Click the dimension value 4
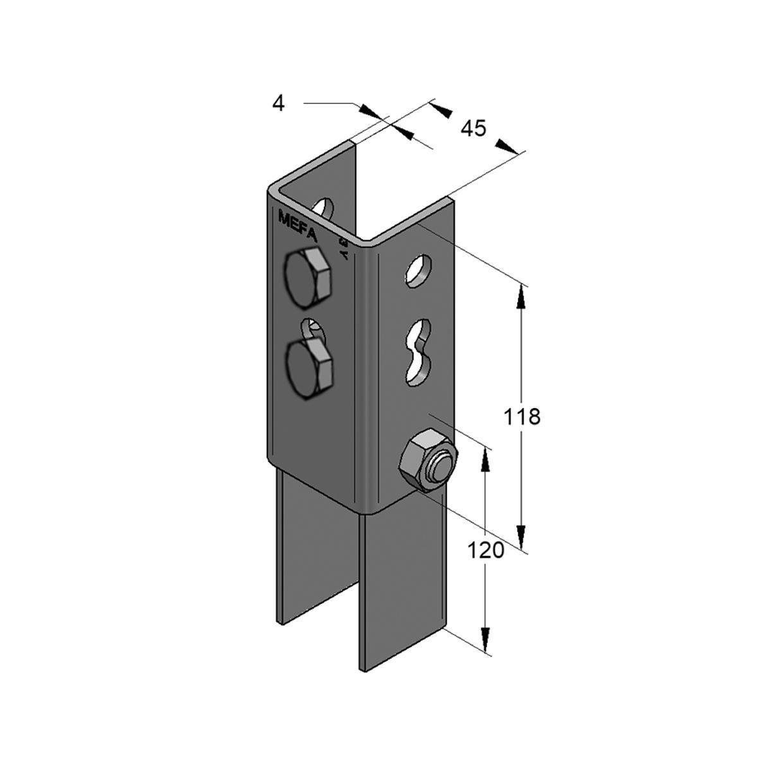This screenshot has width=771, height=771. click(278, 103)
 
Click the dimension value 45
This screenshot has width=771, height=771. click(473, 128)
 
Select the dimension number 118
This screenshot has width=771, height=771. click(522, 416)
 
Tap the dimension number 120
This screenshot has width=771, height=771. click(485, 551)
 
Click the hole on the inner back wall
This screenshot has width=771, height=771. click(324, 208)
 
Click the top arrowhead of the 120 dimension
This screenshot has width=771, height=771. click(485, 457)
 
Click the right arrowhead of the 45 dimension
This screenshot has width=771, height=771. click(507, 148)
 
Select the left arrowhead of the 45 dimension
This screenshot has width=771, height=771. click(439, 107)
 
